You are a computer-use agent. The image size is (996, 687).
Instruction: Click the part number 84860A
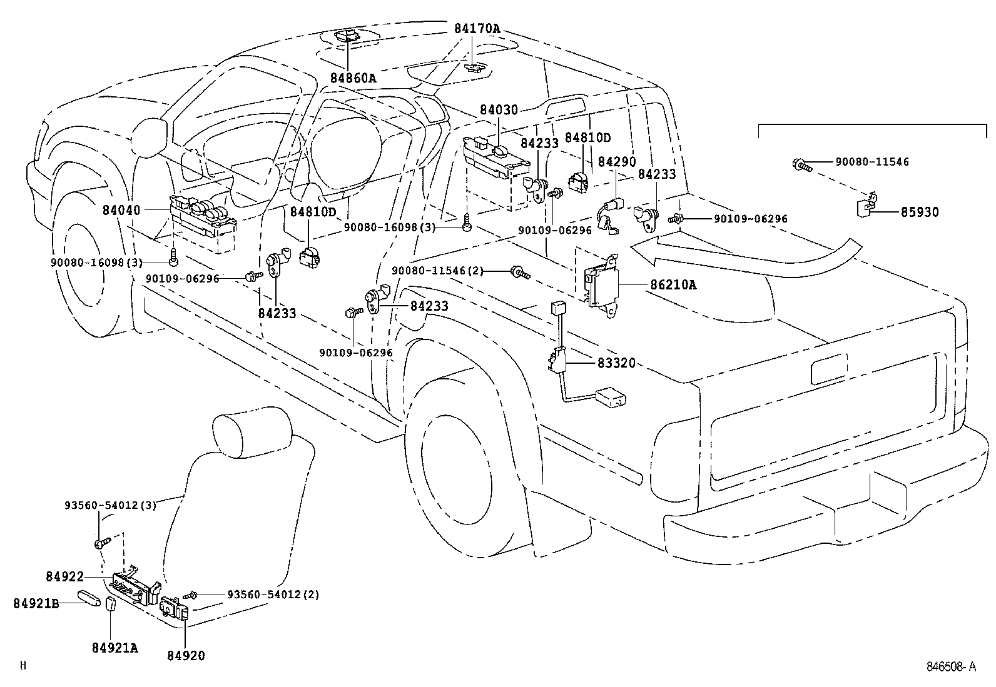[353, 78]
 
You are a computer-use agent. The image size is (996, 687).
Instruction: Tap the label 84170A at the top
[477, 29]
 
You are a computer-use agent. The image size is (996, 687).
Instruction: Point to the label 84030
[499, 111]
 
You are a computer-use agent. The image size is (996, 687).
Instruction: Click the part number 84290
[616, 162]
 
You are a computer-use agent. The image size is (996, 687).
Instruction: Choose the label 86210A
[673, 285]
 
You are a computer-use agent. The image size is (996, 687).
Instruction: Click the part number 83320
[616, 363]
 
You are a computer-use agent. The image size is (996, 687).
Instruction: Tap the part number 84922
[64, 576]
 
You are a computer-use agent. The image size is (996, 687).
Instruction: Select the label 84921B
[36, 603]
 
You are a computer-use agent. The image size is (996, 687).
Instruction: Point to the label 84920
[186, 655]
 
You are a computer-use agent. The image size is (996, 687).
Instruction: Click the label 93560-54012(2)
[273, 594]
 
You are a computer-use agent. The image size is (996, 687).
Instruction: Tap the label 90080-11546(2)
[437, 270]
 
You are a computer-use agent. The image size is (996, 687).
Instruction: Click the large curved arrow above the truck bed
[751, 250]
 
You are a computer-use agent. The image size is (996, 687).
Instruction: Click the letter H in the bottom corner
[23, 666]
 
